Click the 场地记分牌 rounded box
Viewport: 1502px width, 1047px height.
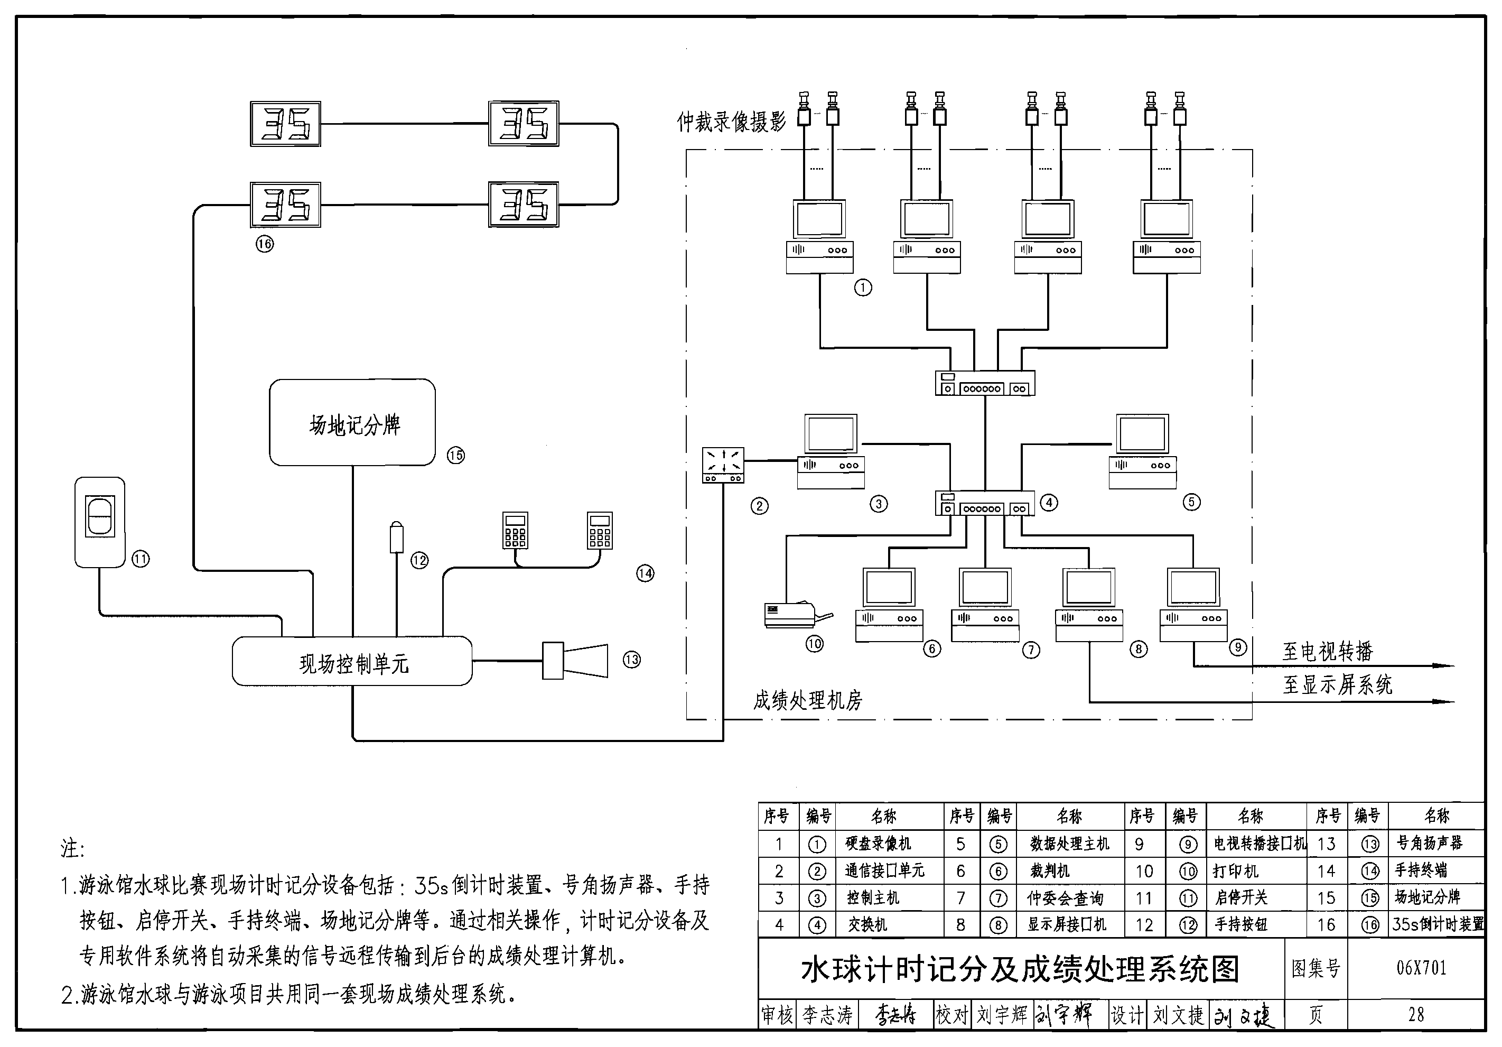tap(352, 423)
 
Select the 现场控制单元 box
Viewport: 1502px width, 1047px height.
tap(352, 662)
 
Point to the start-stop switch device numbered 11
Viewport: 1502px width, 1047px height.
tap(100, 522)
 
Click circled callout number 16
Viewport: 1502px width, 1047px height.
tap(264, 244)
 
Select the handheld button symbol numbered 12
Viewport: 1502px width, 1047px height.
tap(396, 538)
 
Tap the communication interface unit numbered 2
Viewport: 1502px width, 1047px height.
tap(722, 465)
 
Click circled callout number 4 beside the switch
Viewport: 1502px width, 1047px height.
tap(1049, 503)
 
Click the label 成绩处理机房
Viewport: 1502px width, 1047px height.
tap(807, 701)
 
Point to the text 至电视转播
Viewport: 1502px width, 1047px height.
tap(1328, 651)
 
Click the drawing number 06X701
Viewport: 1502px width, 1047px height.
tap(1421, 967)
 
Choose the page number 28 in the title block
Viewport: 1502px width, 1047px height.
tap(1416, 1014)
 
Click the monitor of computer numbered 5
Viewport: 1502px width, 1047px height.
tap(1142, 434)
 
